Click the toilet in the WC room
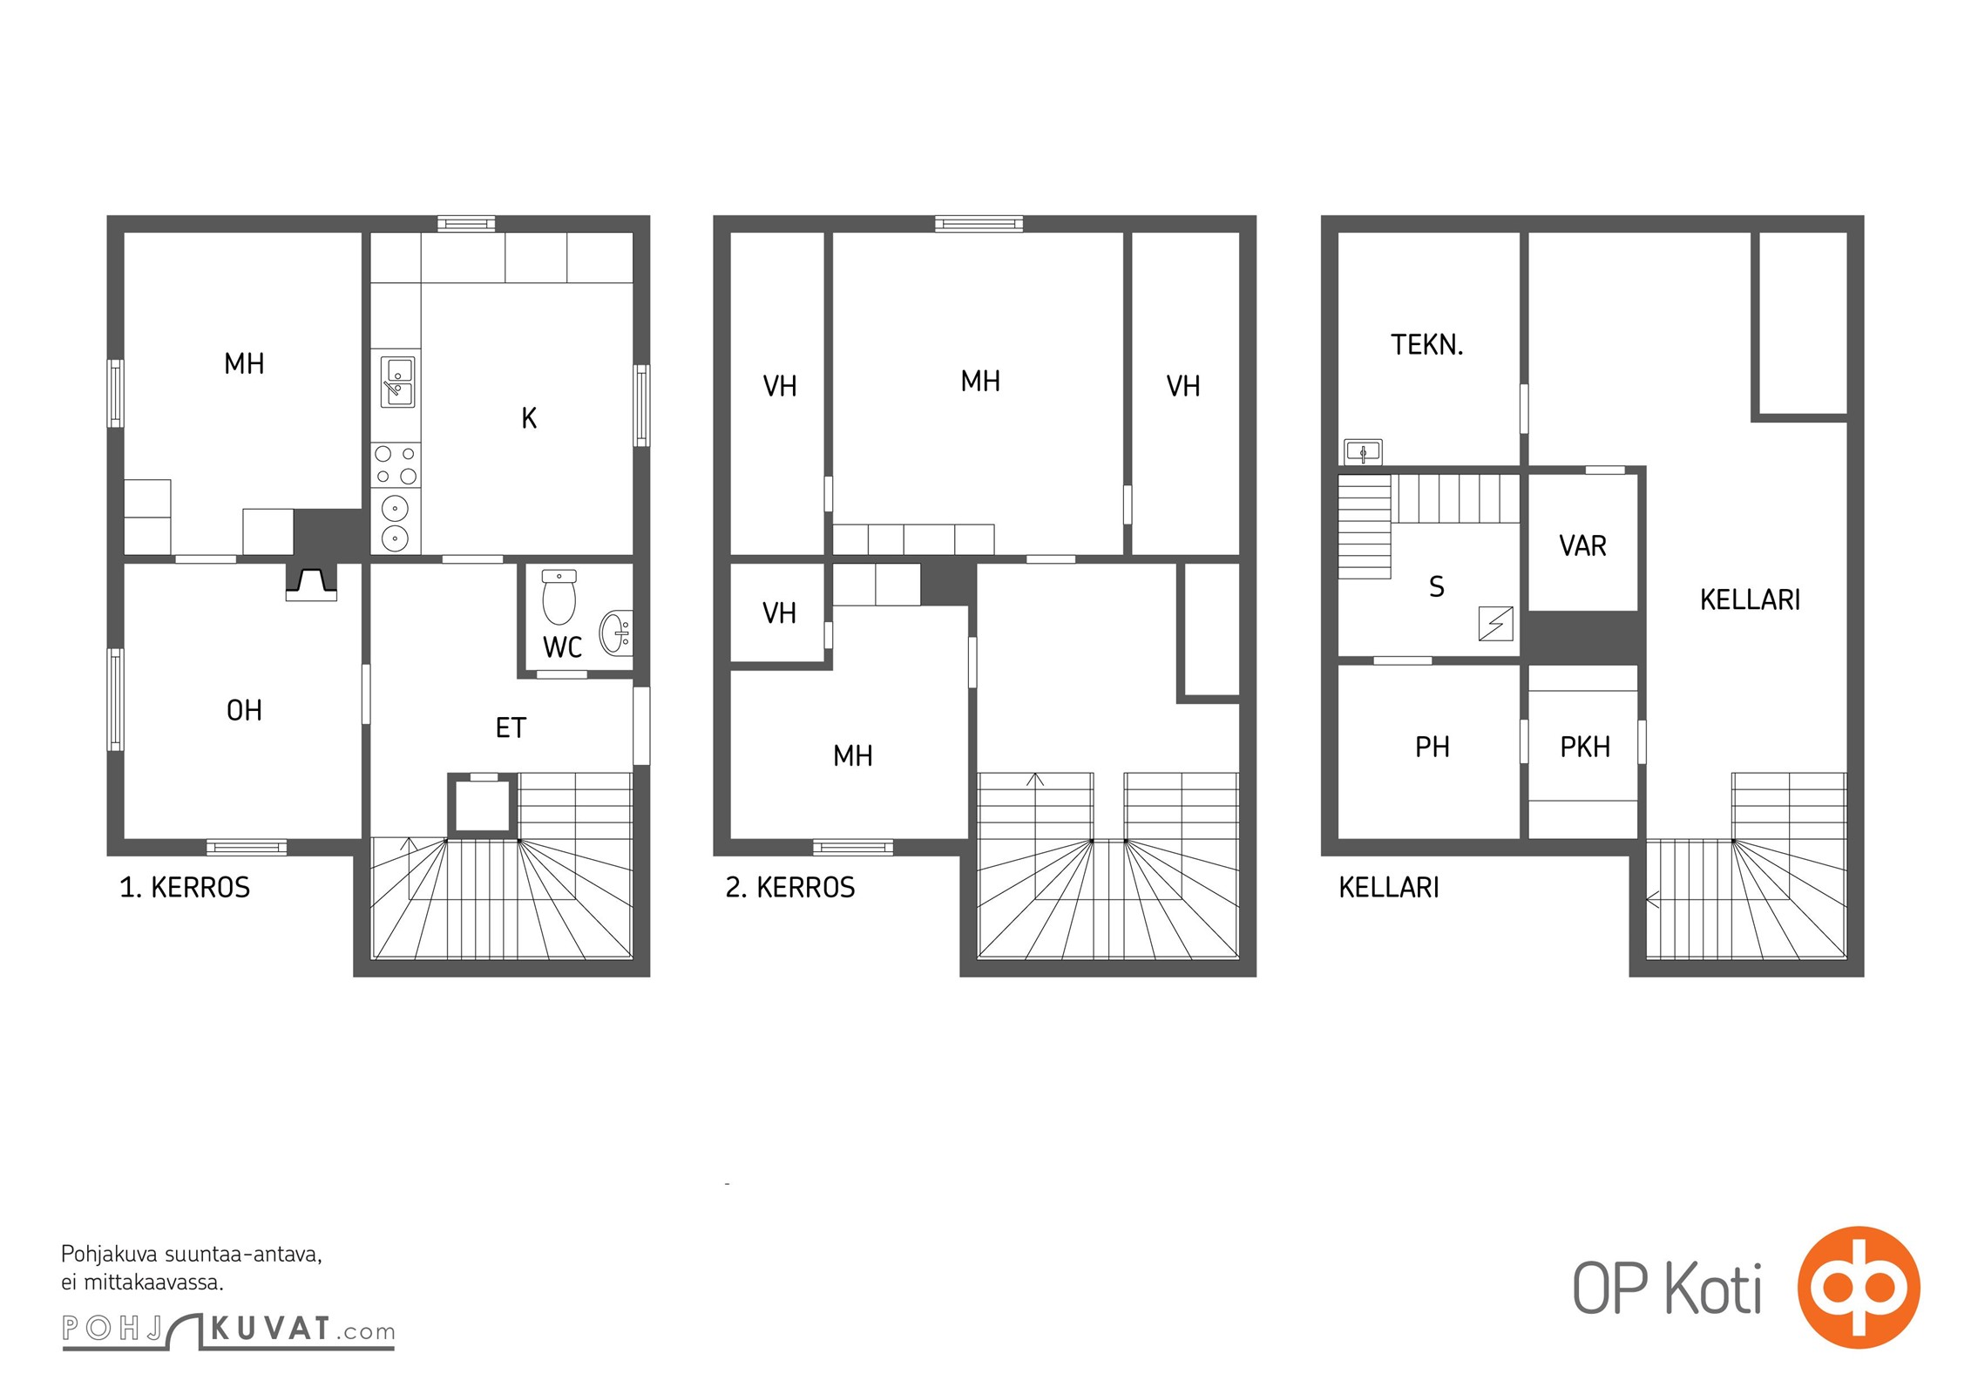[559, 597]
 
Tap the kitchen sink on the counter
[397, 382]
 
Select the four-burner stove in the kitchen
[396, 464]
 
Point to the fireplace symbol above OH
[311, 583]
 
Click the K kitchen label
[529, 419]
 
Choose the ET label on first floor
[511, 727]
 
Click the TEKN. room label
[1426, 345]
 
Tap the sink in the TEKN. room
[1363, 451]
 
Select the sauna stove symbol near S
[1495, 624]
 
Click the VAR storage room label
[1582, 546]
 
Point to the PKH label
[1585, 747]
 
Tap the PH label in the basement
[1433, 747]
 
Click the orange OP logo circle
[1859, 1287]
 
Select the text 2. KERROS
[790, 888]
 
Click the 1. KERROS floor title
[185, 888]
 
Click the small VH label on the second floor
[779, 613]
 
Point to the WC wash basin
[615, 632]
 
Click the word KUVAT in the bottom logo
[271, 1329]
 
